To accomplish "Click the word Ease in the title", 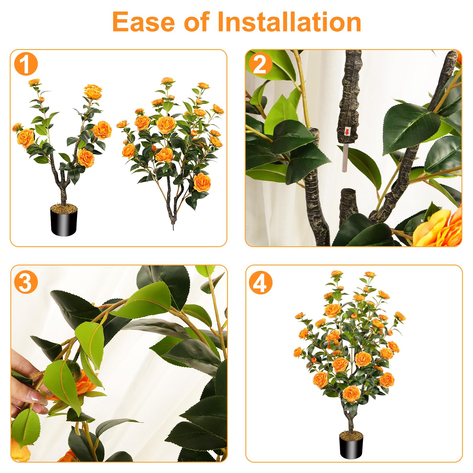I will coord(143,22).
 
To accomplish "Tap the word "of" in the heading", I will coord(196,22).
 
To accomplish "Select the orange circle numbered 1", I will coord(26,64).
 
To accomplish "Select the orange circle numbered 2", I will coord(260,64).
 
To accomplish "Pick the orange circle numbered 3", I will coord(26,282).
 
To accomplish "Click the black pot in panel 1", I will coord(64,223).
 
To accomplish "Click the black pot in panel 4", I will coord(351,448).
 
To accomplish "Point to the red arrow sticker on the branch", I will coord(347,132).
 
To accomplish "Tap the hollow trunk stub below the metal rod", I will coord(349,204).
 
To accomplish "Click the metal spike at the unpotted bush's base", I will coord(174,227).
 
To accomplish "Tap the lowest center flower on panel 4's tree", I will coord(351,394).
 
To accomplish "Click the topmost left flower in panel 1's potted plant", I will coord(34,82).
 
